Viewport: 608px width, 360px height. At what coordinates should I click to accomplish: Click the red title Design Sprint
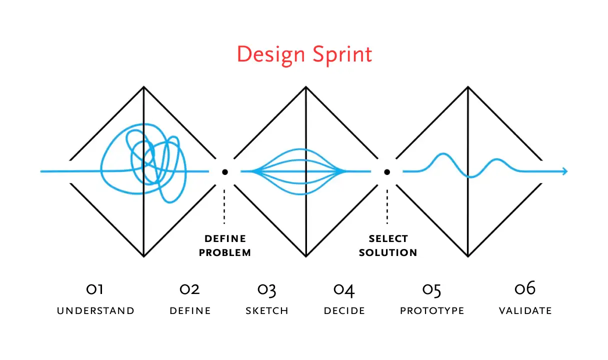(x=304, y=54)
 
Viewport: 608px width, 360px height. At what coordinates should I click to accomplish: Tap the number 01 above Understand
(x=95, y=289)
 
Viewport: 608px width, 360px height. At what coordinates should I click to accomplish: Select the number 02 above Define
(x=190, y=289)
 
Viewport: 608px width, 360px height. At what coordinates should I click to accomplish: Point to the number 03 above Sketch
(x=267, y=289)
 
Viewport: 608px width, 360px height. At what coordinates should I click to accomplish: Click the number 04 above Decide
(x=344, y=289)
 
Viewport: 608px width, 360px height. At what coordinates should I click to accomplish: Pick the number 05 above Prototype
(x=432, y=289)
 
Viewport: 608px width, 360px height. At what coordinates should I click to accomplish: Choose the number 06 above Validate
(x=525, y=288)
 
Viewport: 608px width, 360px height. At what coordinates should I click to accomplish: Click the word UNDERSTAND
(x=95, y=311)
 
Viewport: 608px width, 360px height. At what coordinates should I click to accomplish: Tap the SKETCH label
(x=267, y=311)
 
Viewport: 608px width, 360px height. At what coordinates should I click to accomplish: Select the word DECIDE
(x=344, y=311)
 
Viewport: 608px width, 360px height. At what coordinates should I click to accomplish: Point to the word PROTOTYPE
(x=432, y=311)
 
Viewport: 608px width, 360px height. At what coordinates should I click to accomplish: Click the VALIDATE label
(x=525, y=311)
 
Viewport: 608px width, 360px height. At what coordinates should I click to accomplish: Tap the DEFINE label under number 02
(x=190, y=311)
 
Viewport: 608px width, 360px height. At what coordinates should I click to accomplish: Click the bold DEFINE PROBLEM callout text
(x=225, y=245)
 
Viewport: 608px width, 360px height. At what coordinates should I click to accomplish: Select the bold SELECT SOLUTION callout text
(x=388, y=245)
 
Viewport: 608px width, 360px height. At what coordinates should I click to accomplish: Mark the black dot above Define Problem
(x=225, y=172)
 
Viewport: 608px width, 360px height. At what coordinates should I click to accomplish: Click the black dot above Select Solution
(x=387, y=172)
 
